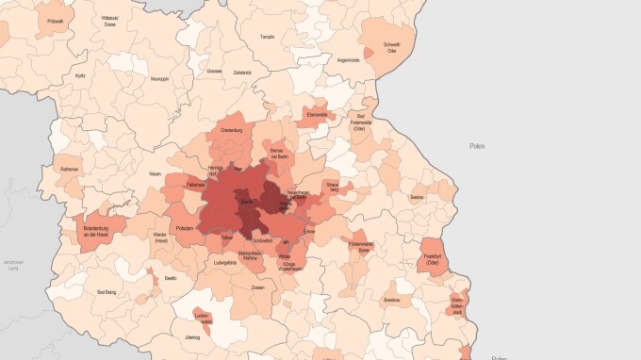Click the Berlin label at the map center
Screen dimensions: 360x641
247,203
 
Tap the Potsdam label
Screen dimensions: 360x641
185,229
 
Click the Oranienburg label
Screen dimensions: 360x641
231,129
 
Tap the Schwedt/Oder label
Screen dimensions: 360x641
391,47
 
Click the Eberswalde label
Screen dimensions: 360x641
316,114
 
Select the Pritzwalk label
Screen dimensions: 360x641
56,21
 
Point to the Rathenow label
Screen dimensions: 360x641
70,170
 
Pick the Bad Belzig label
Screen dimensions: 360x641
107,293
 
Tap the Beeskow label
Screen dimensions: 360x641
392,300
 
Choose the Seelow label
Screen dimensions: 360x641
417,197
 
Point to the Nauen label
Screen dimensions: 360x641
155,174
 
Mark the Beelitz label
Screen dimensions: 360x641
170,278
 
